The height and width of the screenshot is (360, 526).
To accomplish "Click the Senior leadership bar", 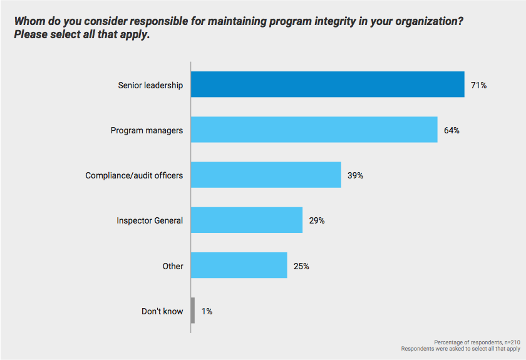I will tap(327, 85).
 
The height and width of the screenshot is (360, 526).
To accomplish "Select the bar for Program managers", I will tap(314, 130).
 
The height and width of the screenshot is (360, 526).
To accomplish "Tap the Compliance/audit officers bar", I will tap(266, 175).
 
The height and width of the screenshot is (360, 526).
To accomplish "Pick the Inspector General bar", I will tap(247, 220).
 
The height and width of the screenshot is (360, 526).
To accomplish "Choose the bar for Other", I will tap(239, 265).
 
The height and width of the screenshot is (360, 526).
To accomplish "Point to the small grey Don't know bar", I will tap(193, 311).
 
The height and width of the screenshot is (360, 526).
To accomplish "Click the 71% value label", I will tap(479, 85).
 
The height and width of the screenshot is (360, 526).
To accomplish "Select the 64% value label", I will tap(452, 130).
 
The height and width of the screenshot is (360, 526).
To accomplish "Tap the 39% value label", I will tap(356, 175).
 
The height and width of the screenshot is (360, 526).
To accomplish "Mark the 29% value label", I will tap(317, 220).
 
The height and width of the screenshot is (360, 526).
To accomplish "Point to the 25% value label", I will tap(301, 265).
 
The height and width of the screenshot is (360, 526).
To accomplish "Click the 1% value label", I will tap(207, 311).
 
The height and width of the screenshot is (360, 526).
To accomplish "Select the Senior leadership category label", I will tap(150, 85).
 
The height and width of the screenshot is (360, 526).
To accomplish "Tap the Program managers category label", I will tap(147, 130).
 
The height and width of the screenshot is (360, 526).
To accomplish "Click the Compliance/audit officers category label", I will tap(134, 175).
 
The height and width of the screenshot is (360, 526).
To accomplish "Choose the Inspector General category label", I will tap(150, 220).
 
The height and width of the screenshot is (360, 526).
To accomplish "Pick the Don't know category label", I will tap(162, 311).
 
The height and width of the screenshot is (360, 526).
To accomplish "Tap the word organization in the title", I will tap(423, 21).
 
